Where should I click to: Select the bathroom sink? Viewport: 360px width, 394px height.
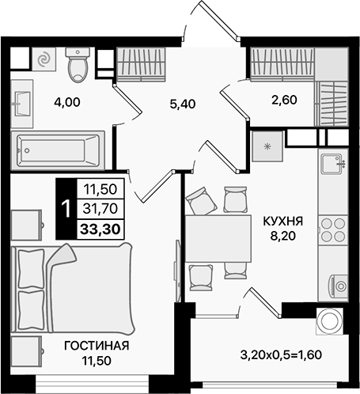[21, 100]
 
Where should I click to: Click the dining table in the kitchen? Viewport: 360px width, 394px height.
[209, 235]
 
